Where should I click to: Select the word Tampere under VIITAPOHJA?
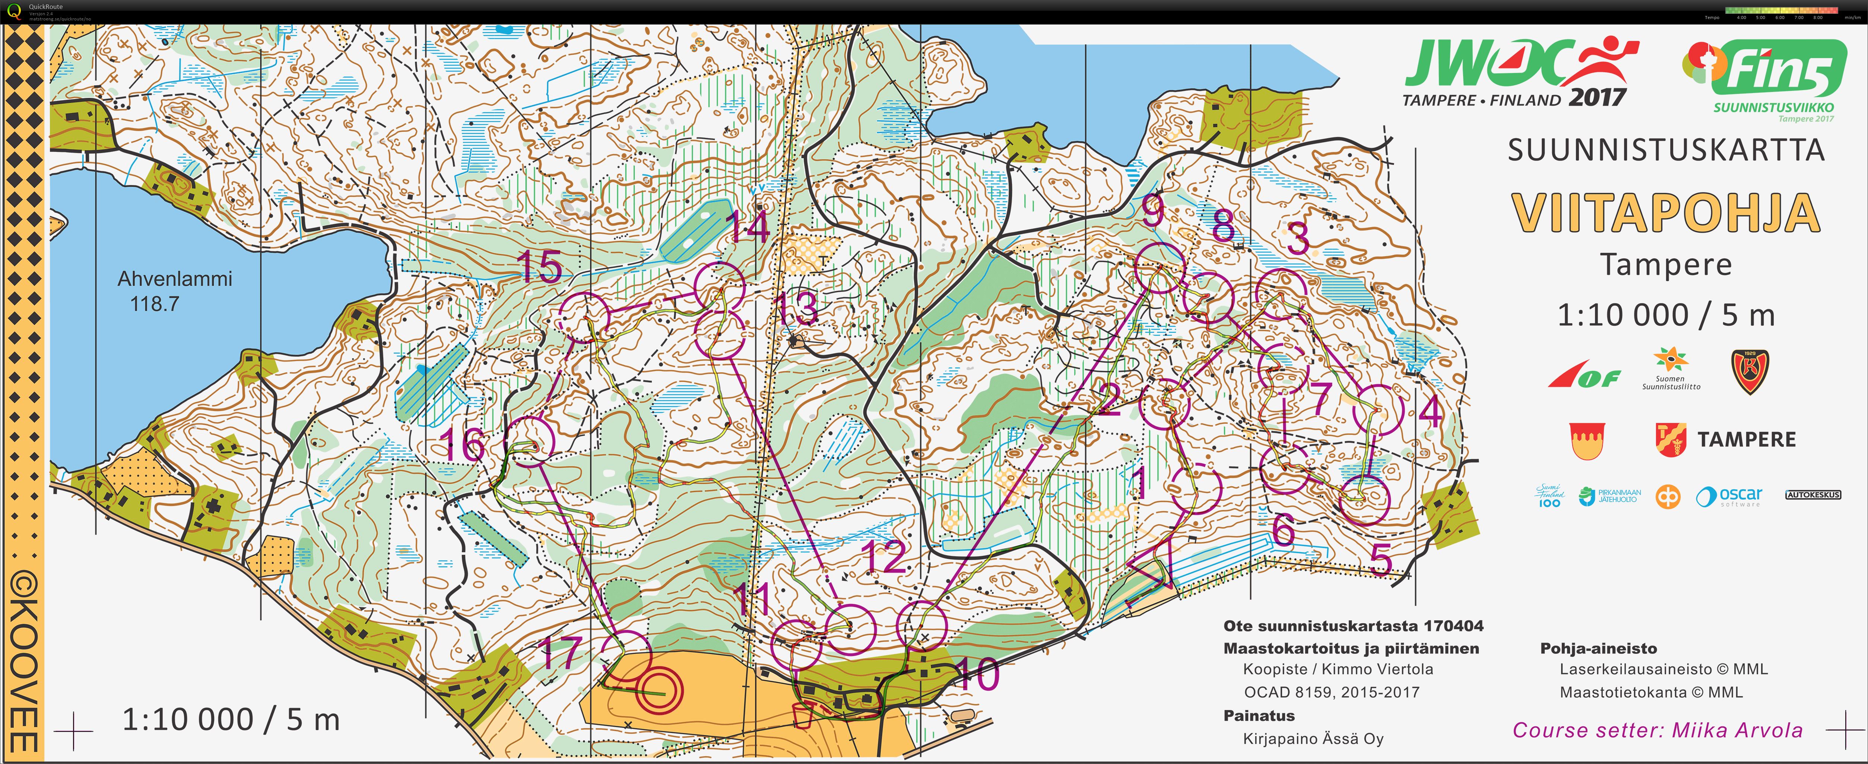pyautogui.click(x=1666, y=265)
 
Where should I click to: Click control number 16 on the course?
pyautogui.click(x=463, y=443)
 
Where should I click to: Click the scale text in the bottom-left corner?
pyautogui.click(x=231, y=720)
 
